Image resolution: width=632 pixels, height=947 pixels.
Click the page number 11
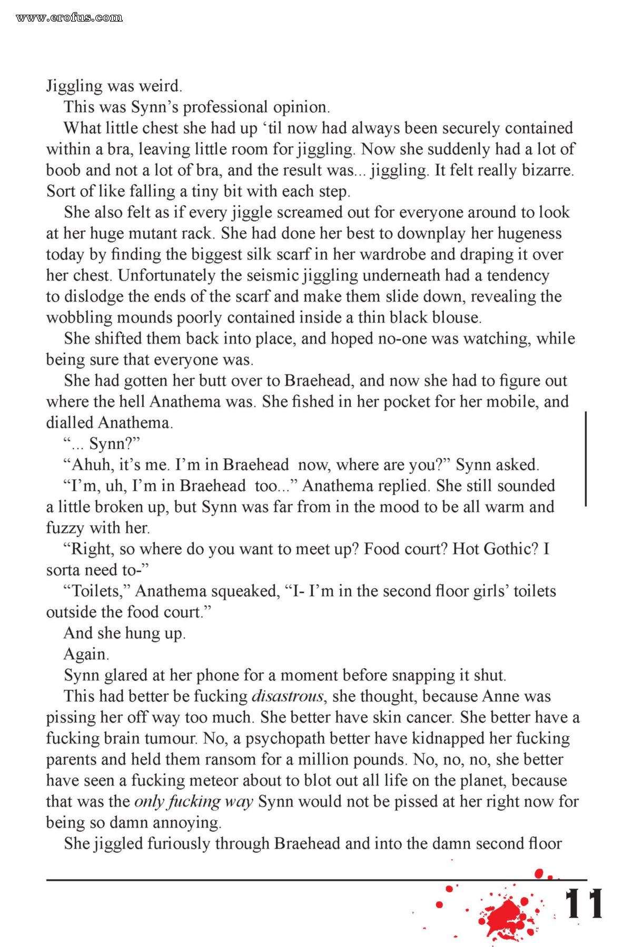584,904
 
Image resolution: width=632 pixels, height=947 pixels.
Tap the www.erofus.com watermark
69,18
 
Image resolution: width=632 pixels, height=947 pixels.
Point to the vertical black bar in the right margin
586,459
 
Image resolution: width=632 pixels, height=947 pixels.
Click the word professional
225,107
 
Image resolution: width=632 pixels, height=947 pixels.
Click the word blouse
456,318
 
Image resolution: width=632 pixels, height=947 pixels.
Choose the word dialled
70,423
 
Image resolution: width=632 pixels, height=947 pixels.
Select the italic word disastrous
288,697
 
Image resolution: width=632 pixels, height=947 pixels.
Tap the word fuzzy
65,528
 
